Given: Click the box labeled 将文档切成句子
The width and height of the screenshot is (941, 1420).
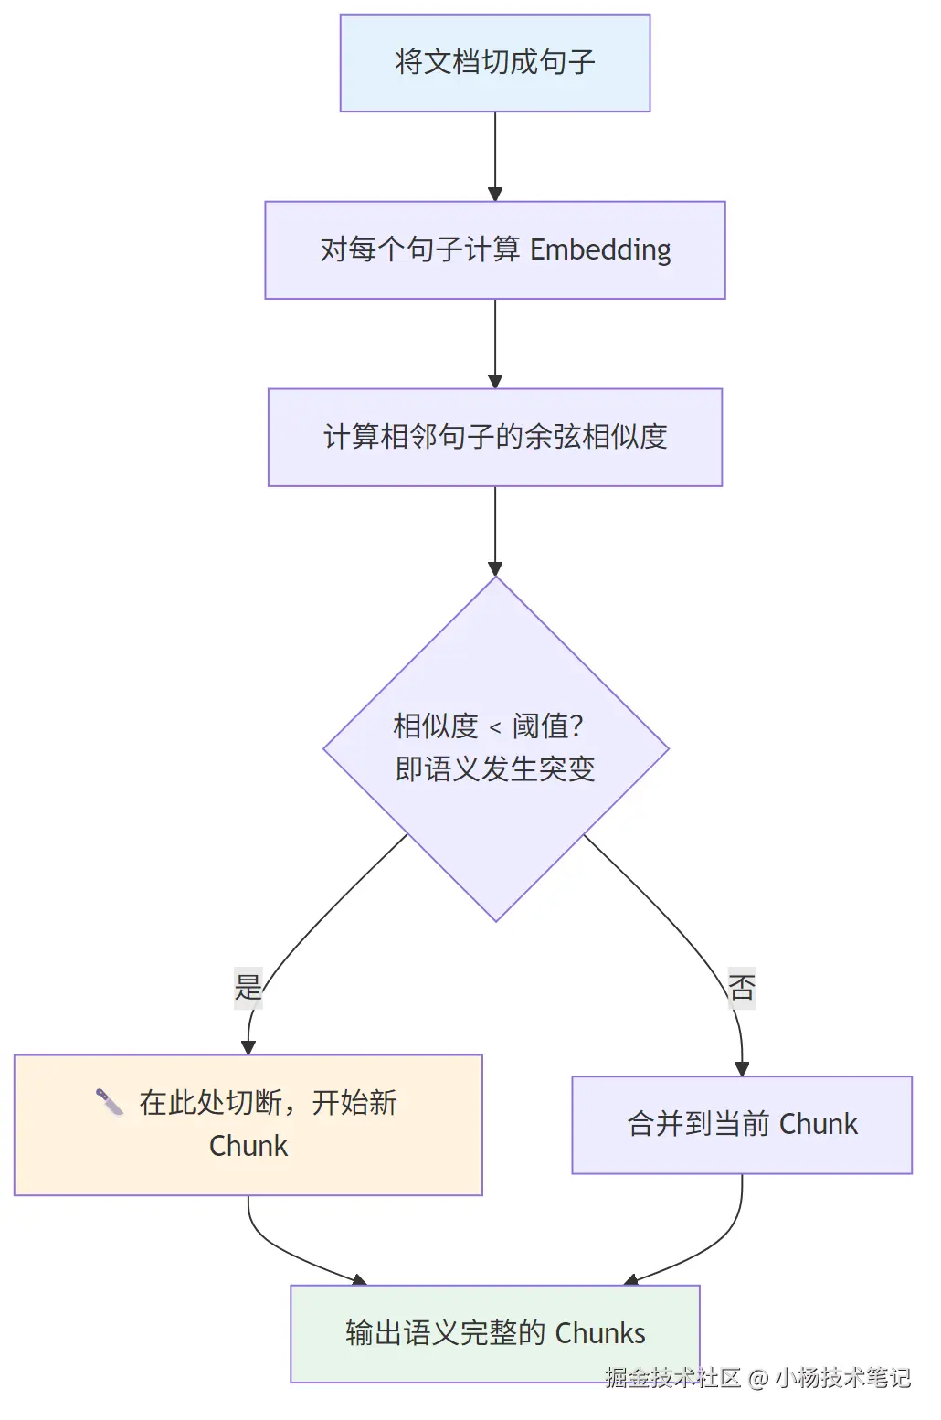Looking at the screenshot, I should (x=494, y=63).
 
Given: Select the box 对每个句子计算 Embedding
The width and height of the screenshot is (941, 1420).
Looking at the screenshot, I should (x=494, y=249).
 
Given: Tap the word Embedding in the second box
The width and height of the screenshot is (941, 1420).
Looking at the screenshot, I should (x=600, y=249).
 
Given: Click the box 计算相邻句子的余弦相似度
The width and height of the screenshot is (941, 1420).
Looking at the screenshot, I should (x=494, y=437).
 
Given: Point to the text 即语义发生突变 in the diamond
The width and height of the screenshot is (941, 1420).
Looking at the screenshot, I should (x=494, y=769).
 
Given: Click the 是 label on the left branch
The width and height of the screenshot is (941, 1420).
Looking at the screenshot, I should (x=248, y=987).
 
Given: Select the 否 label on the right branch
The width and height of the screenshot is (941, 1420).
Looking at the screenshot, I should (x=742, y=987).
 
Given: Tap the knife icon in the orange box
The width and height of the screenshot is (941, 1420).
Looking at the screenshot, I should (x=110, y=1102).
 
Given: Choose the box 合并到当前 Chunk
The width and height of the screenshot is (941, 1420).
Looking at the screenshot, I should (x=742, y=1124).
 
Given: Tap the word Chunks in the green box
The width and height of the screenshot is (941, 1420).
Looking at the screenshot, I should (x=600, y=1333).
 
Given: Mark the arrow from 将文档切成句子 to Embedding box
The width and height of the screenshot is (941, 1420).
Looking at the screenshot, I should (x=495, y=155).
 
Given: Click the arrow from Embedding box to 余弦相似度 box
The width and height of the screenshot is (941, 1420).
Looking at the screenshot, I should (x=495, y=343).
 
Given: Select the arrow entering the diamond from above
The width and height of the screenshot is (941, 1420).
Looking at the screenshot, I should (x=495, y=530).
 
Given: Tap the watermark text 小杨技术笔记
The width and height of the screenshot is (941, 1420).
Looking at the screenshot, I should (x=842, y=1378).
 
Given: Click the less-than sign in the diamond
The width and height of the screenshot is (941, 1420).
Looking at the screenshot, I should (x=495, y=728).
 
